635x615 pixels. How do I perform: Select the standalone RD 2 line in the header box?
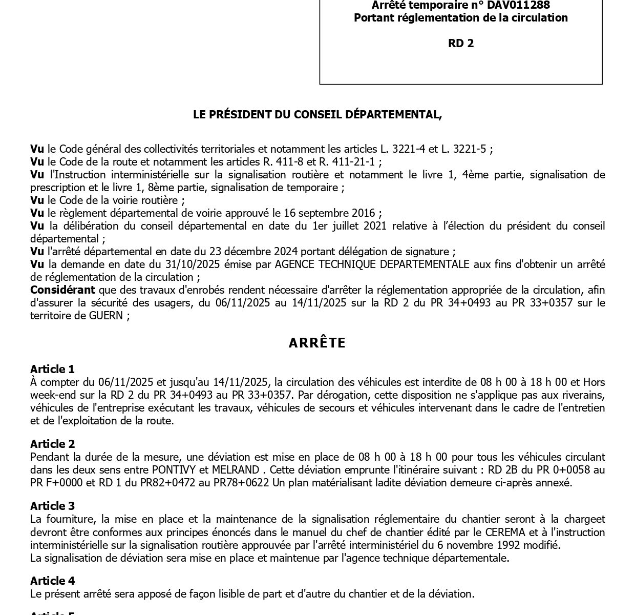click(x=461, y=44)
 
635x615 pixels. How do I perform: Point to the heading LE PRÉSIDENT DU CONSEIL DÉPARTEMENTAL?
click(x=317, y=115)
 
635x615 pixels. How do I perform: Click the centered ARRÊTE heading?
click(x=317, y=343)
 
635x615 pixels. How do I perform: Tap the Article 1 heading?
click(x=52, y=369)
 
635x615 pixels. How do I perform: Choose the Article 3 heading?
click(x=52, y=506)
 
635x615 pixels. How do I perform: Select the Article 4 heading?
click(x=52, y=581)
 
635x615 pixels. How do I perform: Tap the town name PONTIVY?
click(x=172, y=470)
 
